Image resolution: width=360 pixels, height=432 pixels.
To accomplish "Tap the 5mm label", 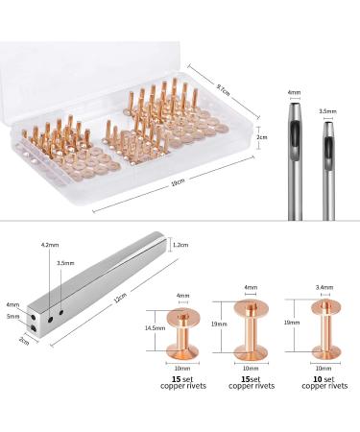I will click(12, 317).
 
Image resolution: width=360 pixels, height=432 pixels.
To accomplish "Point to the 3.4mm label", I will click(324, 287).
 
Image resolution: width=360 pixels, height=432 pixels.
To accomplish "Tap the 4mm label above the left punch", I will click(295, 93).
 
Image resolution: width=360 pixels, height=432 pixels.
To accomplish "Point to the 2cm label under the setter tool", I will click(23, 341).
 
